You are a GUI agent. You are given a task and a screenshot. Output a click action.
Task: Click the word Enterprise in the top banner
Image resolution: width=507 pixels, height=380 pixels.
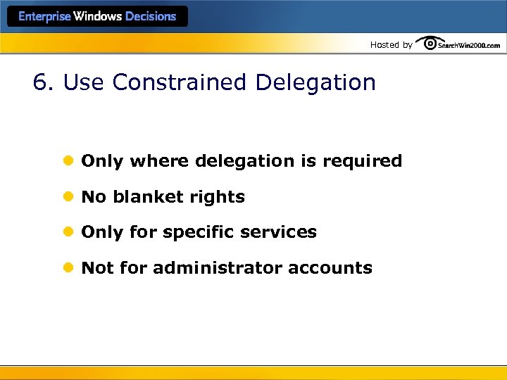tap(45, 17)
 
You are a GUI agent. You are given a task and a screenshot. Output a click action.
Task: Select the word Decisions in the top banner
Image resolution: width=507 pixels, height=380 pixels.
tap(150, 17)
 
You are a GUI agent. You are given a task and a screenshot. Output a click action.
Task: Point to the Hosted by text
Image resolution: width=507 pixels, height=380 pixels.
tap(392, 45)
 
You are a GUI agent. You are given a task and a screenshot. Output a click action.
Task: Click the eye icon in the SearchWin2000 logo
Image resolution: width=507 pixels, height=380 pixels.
tap(427, 44)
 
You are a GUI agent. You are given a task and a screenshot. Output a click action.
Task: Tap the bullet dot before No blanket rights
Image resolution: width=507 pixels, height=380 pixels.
tap(68, 197)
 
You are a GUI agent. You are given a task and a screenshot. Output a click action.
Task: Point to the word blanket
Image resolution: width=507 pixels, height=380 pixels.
tap(146, 197)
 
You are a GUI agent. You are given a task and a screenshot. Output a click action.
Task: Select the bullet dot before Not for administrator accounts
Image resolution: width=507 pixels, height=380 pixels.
tap(68, 268)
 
